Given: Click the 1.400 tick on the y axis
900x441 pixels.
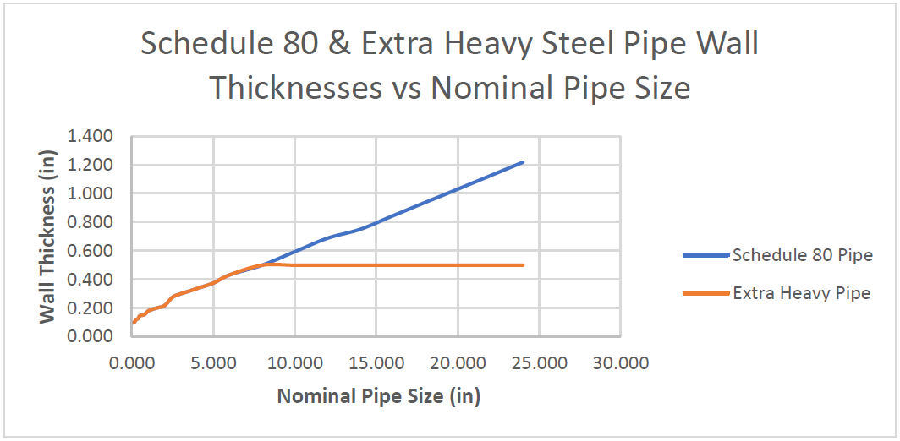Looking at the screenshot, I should tap(90, 137).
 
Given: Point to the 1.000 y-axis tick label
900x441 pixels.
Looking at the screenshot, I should tap(90, 193).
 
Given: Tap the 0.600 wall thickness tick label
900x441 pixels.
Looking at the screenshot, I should tap(90, 251).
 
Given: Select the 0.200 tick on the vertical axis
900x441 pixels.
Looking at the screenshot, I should tap(90, 308).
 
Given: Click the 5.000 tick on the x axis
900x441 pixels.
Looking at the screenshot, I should tap(213, 364).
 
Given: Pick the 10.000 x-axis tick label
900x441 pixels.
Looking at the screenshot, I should tap(294, 364).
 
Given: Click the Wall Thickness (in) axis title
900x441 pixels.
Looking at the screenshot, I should tap(49, 237).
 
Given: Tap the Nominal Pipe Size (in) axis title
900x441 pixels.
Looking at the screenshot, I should tap(379, 395).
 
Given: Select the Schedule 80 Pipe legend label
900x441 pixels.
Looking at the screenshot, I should tap(802, 255).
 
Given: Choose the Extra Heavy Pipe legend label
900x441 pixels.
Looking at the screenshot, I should tap(801, 294).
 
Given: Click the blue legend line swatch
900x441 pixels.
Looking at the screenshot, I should tap(705, 255).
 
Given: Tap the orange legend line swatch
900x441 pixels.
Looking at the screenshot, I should tap(705, 294).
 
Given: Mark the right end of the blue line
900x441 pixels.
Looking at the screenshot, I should tap(523, 162).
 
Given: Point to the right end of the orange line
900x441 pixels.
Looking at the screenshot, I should tap(523, 265).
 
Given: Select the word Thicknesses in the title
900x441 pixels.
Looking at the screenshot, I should tap(294, 86).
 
